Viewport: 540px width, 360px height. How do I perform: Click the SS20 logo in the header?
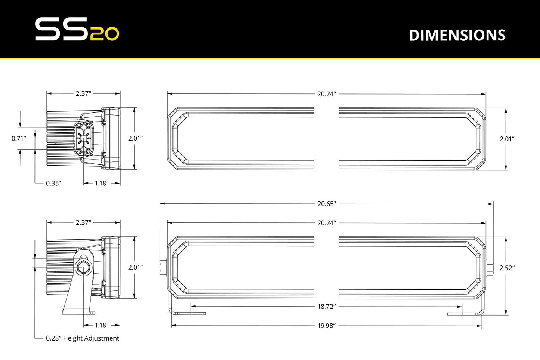[x=77, y=29]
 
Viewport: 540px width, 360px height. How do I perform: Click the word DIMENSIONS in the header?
[x=457, y=35]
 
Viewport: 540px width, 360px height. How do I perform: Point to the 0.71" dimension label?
[x=19, y=139]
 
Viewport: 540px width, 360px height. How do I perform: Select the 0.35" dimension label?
[x=53, y=183]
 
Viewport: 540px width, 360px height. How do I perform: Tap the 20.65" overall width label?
[x=327, y=204]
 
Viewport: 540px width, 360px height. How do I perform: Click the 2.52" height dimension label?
[x=507, y=268]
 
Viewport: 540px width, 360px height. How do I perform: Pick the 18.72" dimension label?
[x=327, y=307]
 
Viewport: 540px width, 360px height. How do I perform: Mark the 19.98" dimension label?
[x=327, y=326]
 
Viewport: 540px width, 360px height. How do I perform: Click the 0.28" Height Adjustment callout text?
[x=83, y=338]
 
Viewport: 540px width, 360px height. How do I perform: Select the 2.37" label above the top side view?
[x=84, y=93]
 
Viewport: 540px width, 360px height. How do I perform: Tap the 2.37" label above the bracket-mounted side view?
[x=84, y=222]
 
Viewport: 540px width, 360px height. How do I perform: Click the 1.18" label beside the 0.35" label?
[x=101, y=183]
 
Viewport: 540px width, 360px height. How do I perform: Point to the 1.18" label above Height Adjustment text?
[x=101, y=325]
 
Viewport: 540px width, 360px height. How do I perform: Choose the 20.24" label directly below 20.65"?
[x=327, y=223]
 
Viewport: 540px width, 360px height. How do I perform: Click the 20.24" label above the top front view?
[x=327, y=94]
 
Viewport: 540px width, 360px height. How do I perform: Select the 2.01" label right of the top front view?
[x=507, y=139]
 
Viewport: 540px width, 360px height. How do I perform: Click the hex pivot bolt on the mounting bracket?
[x=82, y=267]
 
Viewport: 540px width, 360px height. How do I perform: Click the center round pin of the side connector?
[x=83, y=139]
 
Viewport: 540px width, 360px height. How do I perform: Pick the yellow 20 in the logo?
[x=105, y=34]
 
